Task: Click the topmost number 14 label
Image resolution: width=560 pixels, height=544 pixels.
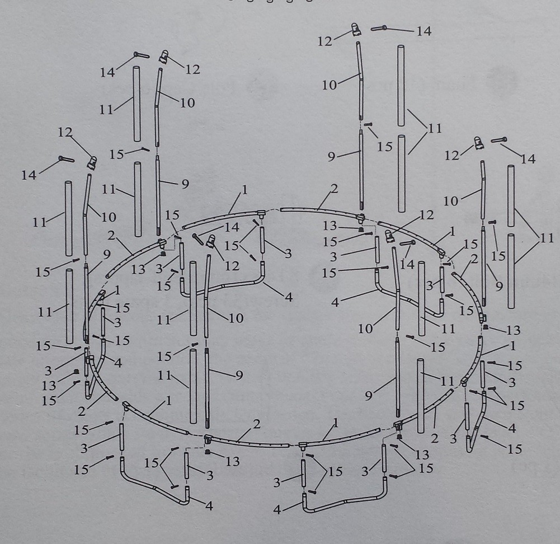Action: click(x=423, y=31)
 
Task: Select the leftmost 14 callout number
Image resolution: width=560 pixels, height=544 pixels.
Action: click(x=29, y=175)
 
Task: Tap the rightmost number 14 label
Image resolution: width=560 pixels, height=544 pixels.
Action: click(x=528, y=159)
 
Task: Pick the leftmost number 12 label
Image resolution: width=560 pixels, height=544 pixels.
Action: click(x=65, y=132)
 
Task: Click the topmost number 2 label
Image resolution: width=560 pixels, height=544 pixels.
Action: click(x=334, y=189)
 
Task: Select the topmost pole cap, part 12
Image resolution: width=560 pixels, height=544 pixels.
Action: click(x=355, y=28)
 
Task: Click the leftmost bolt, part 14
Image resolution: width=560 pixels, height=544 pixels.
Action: click(x=66, y=160)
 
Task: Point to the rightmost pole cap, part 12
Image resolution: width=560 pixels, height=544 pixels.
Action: click(x=478, y=143)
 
